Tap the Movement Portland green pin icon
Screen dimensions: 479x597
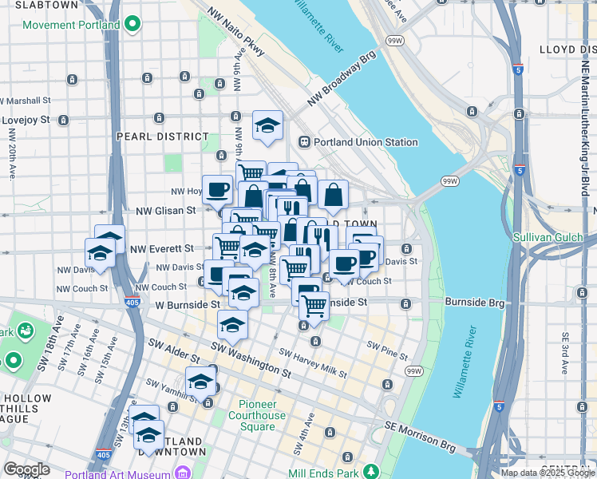point(133,25)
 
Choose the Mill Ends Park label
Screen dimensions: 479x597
point(326,473)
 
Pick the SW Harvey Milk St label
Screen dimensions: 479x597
point(312,362)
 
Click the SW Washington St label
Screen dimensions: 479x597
point(251,358)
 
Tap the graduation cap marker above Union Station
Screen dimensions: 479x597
point(268,125)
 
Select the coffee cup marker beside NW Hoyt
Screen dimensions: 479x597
point(217,190)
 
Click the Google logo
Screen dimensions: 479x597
point(26,469)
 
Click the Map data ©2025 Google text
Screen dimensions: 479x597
point(547,473)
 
